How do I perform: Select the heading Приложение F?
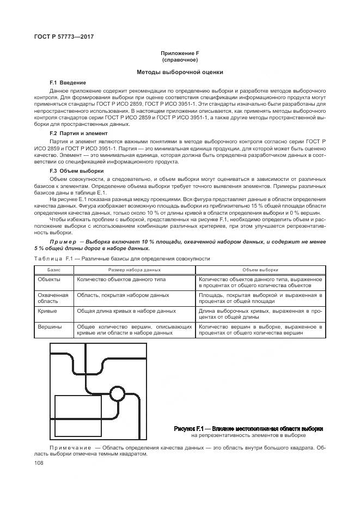(x=179, y=53)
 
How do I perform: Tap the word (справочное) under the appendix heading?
(x=179, y=59)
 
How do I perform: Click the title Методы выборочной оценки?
(x=179, y=72)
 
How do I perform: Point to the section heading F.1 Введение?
(x=68, y=82)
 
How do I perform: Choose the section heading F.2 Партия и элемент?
(x=78, y=133)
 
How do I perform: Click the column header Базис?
(x=53, y=270)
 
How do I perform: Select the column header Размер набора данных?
(x=134, y=270)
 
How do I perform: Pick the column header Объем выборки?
(x=260, y=270)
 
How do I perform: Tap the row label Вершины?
(x=49, y=326)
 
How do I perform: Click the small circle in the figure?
(x=117, y=393)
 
